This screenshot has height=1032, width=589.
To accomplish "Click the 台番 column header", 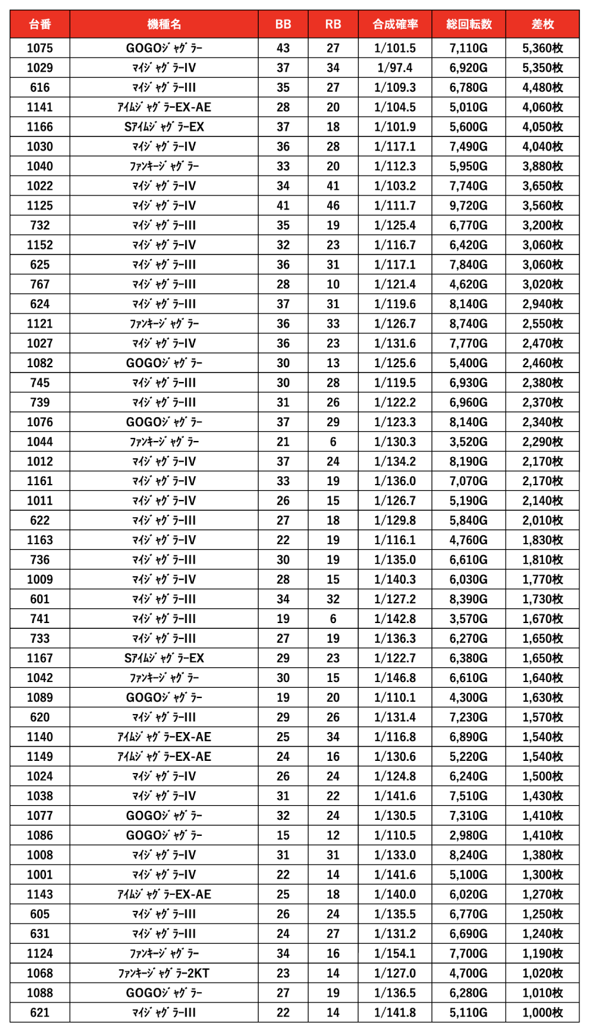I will point(40,24).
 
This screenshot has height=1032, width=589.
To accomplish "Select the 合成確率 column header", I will point(395,24).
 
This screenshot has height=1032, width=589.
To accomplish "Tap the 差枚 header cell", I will point(542,24).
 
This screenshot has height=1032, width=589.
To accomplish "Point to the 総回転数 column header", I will point(469,24).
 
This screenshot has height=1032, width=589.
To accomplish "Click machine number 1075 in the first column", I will point(40,48).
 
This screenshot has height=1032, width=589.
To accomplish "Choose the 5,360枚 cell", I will point(542,48).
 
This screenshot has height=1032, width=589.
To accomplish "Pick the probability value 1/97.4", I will point(395,68).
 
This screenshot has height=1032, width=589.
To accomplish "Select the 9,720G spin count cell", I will point(469,206).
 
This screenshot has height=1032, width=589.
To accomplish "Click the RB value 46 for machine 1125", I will point(333,206).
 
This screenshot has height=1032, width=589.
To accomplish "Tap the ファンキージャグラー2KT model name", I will point(164,973).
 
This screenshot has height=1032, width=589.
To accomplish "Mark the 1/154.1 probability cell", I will point(395,954).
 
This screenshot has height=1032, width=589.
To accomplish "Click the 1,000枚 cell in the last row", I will point(542,1013).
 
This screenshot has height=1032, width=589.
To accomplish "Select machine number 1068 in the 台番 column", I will point(40,973).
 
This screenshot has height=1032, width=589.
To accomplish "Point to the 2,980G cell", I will point(469,835).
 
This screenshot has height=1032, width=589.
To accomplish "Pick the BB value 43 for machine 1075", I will point(283,48).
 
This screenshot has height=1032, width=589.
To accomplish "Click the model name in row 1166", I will point(164,127).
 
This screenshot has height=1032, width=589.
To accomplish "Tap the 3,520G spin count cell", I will point(469,442).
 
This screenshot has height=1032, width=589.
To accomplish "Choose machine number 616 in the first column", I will point(40,88).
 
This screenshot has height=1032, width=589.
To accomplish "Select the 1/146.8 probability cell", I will point(395,678).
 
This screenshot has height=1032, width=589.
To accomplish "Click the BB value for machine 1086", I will point(283,835).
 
